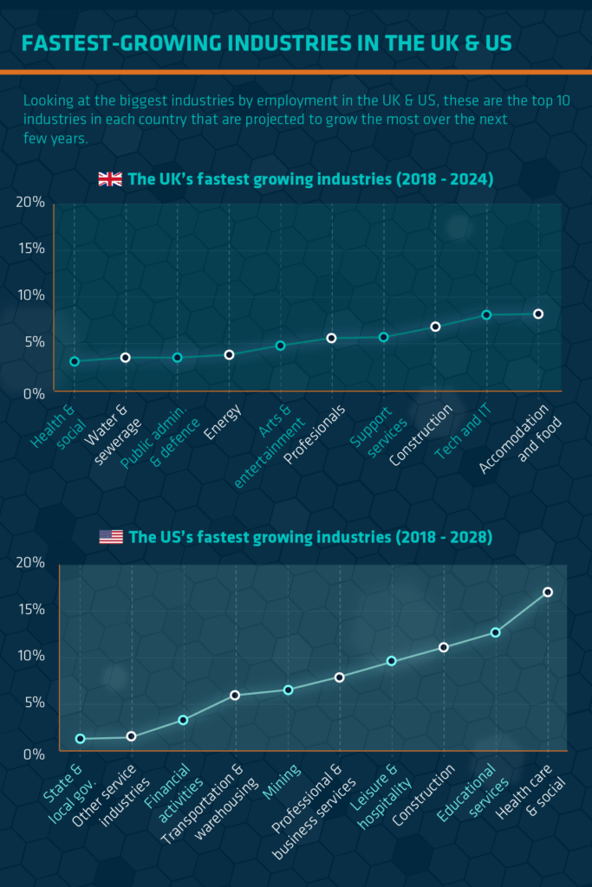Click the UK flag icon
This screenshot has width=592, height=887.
[110, 179]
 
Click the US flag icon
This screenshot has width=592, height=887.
[111, 537]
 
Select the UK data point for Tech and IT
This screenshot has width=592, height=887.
[486, 314]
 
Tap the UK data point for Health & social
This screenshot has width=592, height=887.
[75, 361]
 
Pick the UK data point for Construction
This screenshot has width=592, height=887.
[435, 327]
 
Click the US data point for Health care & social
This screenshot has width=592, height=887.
[548, 592]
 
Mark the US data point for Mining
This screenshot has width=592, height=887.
[288, 690]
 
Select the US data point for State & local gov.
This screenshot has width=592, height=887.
[81, 739]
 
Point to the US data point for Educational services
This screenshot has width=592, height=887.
[496, 632]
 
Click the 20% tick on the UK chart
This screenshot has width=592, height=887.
[29, 202]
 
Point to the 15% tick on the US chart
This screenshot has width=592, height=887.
[29, 609]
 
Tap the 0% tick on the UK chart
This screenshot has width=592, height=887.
[33, 392]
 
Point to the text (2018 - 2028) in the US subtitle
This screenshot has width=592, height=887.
[443, 537]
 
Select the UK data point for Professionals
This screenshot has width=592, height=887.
[331, 338]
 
